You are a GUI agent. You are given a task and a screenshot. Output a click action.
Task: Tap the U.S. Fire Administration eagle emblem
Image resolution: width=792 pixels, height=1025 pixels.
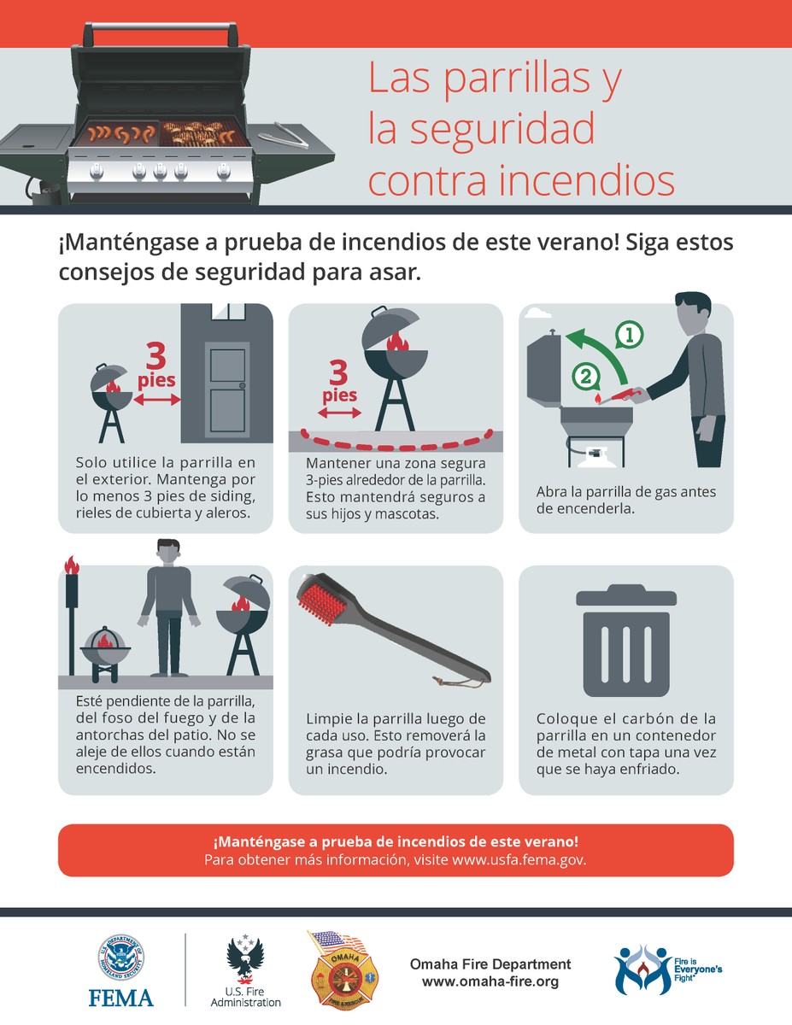click(245, 961)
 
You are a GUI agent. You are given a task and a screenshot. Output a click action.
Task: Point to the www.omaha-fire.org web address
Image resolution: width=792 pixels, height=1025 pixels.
click(490, 981)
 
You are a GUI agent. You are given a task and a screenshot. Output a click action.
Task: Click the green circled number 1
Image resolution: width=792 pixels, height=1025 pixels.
click(630, 335)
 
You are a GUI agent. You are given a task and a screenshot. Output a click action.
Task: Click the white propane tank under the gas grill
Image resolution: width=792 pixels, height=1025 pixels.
click(594, 458)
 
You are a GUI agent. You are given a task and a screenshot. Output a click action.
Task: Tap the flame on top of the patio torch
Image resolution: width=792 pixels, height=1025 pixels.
click(72, 565)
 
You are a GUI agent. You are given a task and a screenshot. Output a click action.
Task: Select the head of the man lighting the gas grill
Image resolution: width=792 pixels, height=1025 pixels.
click(692, 313)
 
